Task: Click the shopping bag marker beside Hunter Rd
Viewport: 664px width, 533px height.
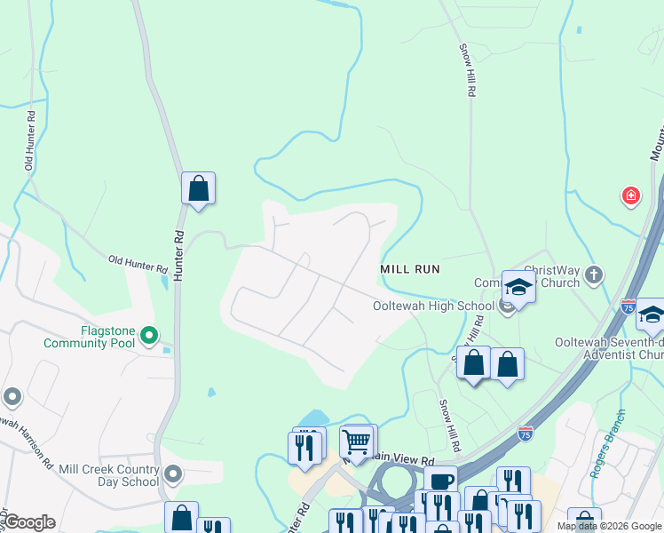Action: coord(198,189)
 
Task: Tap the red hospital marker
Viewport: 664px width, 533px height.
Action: coord(630,195)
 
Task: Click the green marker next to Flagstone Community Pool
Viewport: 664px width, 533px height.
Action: coord(149,336)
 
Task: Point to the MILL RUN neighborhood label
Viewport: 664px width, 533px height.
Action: coord(410,268)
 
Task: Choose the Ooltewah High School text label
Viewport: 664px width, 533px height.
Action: coord(432,306)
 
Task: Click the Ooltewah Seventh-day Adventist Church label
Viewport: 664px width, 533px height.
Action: coord(608,348)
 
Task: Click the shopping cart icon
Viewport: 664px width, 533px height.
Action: coord(356,442)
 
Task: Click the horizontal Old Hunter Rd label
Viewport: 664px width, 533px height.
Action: coord(137,264)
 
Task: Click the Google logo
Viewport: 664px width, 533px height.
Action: coord(29,522)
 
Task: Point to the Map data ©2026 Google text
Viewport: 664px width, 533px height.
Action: coord(609,526)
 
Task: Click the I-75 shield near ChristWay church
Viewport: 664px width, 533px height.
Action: coord(628,306)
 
